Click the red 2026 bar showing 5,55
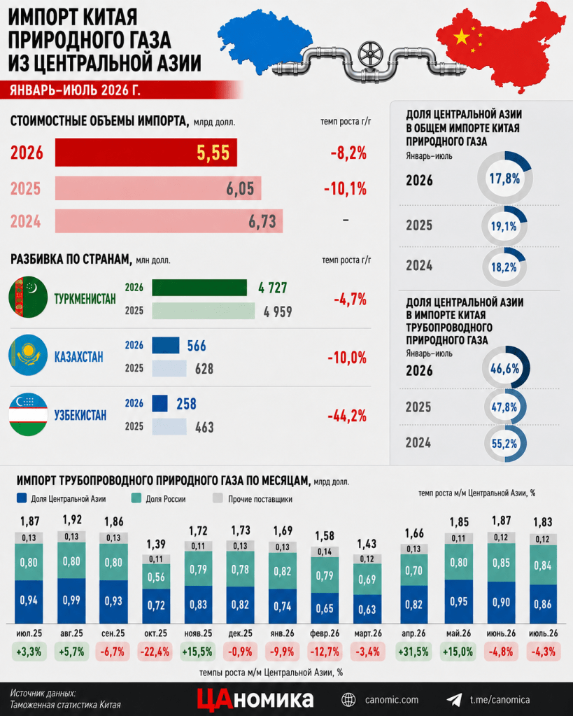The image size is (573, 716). tap(146, 153)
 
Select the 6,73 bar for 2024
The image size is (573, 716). tap(169, 221)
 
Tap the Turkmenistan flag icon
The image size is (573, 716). tap(28, 297)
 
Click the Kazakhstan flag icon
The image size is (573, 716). tap(28, 356)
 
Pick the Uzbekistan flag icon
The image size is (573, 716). tap(28, 414)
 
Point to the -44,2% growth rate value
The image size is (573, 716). tap(347, 416)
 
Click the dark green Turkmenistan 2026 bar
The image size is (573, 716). tap(199, 288)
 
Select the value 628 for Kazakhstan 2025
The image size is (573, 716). tap(204, 369)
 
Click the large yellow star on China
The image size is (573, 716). tap(462, 37)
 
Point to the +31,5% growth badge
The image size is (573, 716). tap(413, 652)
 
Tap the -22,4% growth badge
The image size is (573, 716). tap(155, 652)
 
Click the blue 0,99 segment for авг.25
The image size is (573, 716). tap(71, 601)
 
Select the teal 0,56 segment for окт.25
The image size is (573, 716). tap(156, 576)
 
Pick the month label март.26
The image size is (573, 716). tap(367, 633)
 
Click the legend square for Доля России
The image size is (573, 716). tap(136, 498)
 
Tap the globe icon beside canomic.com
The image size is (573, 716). tap(349, 700)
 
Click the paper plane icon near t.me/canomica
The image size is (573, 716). tap(454, 700)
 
